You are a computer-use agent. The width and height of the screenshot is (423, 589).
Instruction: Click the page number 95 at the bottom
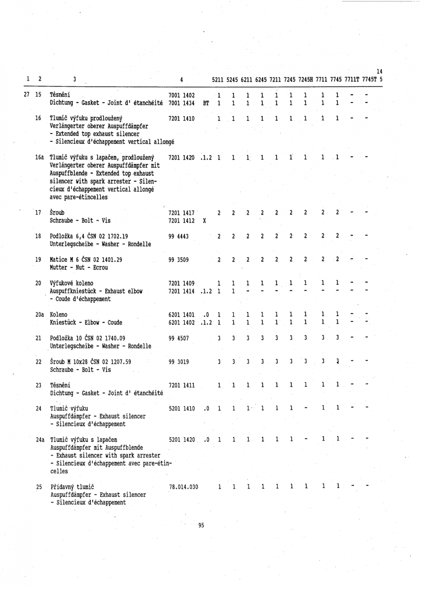[x=201, y=525]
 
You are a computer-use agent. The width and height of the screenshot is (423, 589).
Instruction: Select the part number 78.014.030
[x=183, y=487]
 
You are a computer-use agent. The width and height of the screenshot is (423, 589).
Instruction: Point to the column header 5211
[x=219, y=80]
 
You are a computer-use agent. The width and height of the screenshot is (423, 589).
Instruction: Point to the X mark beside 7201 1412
[x=204, y=220]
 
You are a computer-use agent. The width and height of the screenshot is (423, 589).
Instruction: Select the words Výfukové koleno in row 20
[x=72, y=283]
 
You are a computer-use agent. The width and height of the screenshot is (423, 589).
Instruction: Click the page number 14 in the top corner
[x=379, y=73]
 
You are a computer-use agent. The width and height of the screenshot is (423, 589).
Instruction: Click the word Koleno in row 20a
[x=59, y=314]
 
